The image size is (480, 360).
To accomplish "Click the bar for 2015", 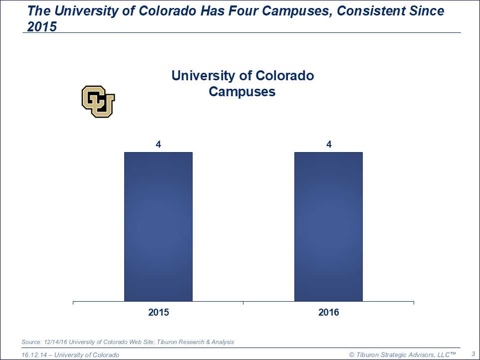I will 158,226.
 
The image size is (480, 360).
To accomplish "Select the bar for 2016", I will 328,226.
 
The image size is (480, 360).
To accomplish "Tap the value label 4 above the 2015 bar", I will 158,145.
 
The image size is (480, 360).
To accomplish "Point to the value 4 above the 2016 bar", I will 329,145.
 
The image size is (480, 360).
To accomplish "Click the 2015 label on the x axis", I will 158,313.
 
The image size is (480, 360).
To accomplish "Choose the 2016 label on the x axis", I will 328,313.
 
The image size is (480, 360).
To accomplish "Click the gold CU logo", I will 98,101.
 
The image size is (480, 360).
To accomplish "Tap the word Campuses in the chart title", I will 242,92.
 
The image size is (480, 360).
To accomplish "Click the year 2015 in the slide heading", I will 42,27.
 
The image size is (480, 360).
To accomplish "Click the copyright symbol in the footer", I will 352,355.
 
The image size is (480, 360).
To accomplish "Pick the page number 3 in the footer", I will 473,354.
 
